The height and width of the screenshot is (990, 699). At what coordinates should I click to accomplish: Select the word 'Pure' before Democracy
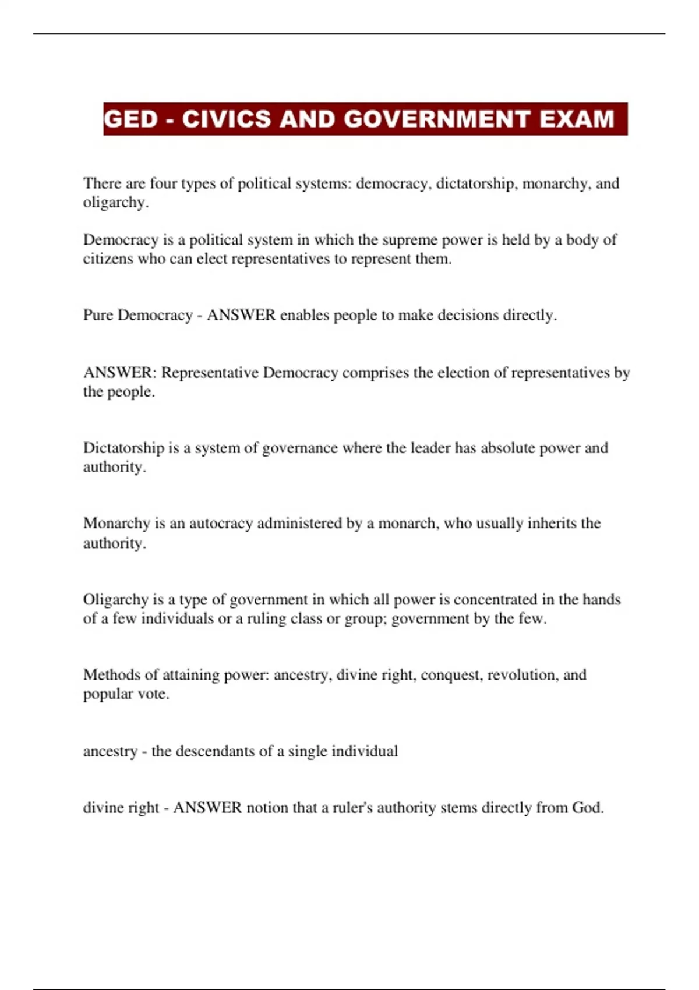[98, 315]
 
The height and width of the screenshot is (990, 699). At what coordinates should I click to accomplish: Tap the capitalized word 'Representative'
[210, 373]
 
